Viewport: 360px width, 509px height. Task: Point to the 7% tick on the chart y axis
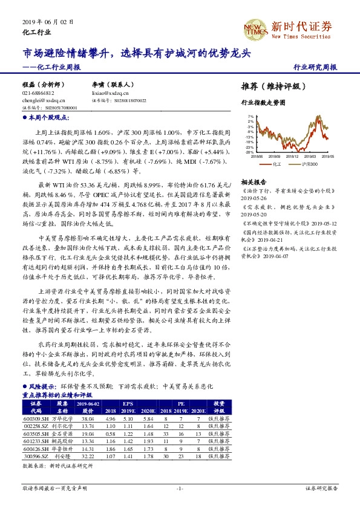pos(250,115)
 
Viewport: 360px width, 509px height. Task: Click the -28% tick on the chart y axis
pos(249,152)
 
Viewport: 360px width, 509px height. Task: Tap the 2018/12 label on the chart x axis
pos(292,156)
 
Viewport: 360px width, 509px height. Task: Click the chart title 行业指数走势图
pos(263,103)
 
